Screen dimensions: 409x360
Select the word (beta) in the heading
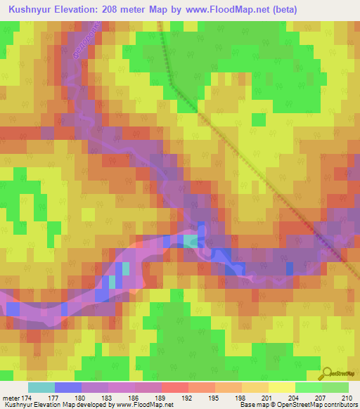(x=278, y=10)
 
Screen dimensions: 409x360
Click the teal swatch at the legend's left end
(x=41, y=387)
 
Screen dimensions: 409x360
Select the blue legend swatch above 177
(x=68, y=387)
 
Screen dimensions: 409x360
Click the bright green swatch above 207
(x=308, y=387)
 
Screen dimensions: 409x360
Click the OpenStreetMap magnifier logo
(x=328, y=372)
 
